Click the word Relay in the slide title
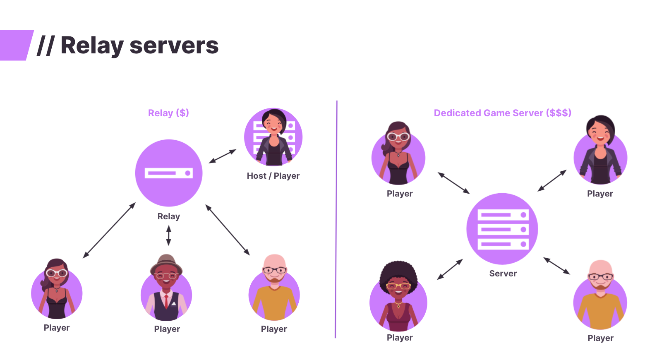coord(92,46)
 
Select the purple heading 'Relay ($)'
coord(168,113)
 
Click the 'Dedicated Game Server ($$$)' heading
coord(502,113)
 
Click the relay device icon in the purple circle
coord(169,173)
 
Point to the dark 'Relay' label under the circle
coord(169,216)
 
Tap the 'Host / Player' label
coord(273,176)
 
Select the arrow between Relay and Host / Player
coord(223,156)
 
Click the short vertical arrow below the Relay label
coord(168,235)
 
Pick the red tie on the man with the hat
coord(166,301)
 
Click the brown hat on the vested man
coord(166,263)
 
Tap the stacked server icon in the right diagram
coord(502,229)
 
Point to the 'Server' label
coord(503,274)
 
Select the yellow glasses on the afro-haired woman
coord(398,286)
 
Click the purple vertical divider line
coord(336,219)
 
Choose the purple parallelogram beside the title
coord(16,45)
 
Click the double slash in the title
coord(46,46)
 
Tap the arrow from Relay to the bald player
coord(228,230)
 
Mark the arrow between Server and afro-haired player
coord(450,269)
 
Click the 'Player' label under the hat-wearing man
coord(167,329)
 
